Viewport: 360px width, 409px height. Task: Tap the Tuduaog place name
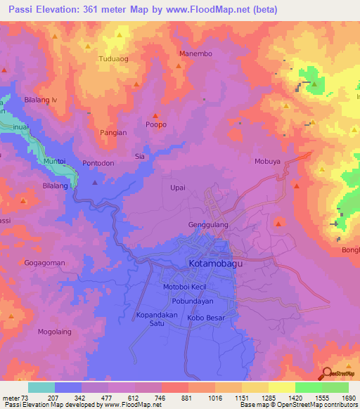click(114, 59)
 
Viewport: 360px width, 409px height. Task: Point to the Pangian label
click(112, 132)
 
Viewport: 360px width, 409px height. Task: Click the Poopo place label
click(155, 124)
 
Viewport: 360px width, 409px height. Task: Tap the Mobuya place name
click(268, 161)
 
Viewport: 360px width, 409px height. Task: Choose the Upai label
click(178, 188)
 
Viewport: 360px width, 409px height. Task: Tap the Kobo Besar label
click(205, 318)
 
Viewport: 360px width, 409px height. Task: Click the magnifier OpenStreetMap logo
click(327, 375)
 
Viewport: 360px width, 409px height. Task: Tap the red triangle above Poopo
click(155, 116)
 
